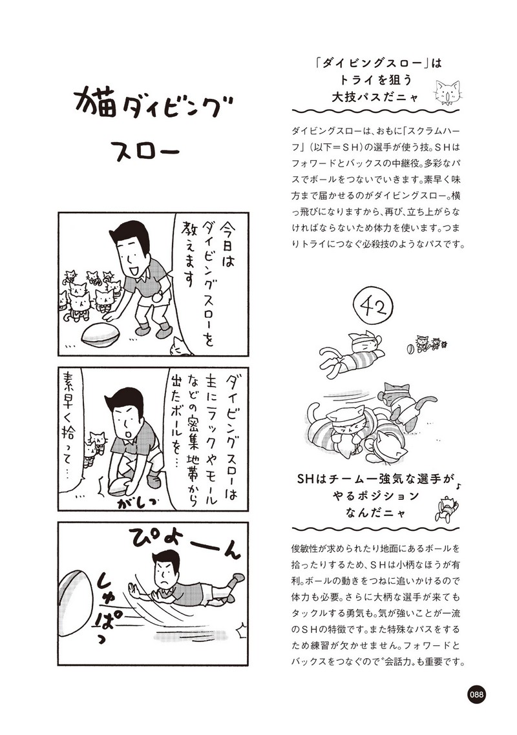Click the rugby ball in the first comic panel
[x=100, y=334]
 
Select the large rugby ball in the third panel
[x=77, y=597]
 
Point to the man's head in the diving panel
[x=167, y=566]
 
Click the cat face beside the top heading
[x=448, y=92]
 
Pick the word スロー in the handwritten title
[x=148, y=150]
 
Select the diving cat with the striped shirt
[x=350, y=353]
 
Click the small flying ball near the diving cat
[x=408, y=349]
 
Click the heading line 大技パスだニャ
[x=375, y=97]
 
